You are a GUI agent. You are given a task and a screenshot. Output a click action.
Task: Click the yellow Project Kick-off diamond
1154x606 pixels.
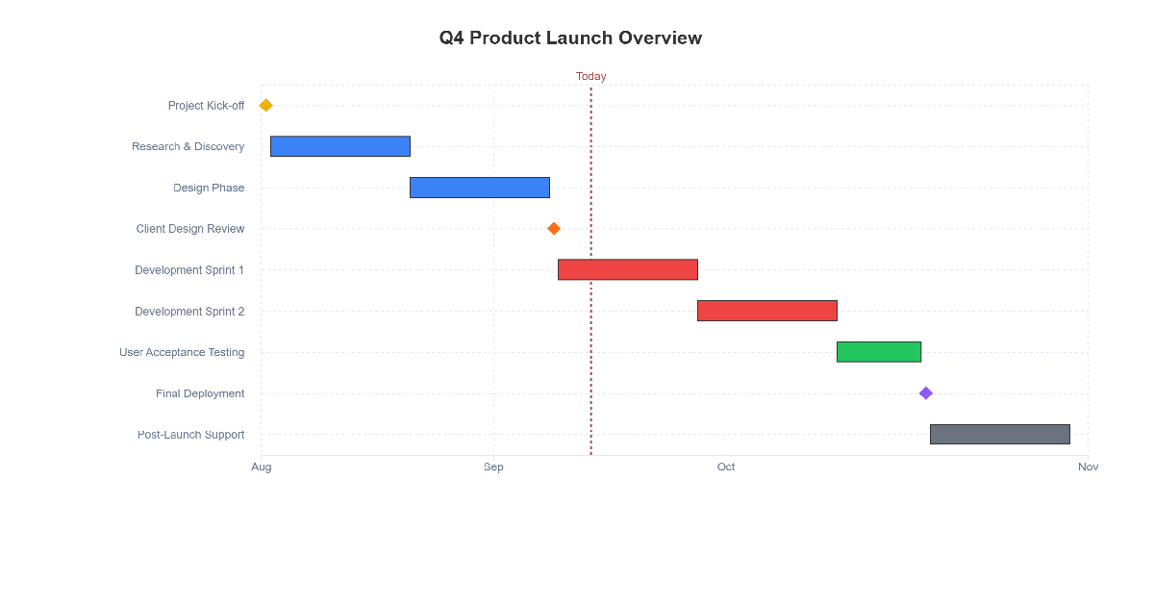pyautogui.click(x=266, y=105)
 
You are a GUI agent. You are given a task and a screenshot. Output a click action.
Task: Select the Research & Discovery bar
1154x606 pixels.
pyautogui.click(x=340, y=146)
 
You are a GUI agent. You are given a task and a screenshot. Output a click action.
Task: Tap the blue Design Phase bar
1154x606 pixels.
pyautogui.click(x=480, y=188)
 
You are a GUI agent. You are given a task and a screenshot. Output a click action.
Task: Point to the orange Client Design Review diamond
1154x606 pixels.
pyautogui.click(x=554, y=229)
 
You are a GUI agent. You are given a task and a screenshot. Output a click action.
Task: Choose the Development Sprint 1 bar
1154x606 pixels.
pyautogui.click(x=628, y=269)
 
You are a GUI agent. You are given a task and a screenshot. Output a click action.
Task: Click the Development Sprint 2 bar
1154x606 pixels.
pyautogui.click(x=767, y=311)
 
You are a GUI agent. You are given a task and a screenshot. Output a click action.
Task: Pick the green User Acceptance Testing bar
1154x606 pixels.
pyautogui.click(x=879, y=352)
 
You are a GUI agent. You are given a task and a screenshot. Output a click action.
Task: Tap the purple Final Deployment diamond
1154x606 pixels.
pyautogui.click(x=926, y=393)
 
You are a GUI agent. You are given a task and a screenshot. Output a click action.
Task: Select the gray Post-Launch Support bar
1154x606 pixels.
pyautogui.click(x=1000, y=435)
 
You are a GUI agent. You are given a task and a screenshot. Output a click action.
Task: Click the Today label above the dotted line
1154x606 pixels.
pyautogui.click(x=591, y=76)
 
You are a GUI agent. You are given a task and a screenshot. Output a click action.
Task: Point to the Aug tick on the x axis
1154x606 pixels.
pyautogui.click(x=262, y=467)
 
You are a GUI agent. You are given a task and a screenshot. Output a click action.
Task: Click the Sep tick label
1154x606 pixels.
pyautogui.click(x=493, y=467)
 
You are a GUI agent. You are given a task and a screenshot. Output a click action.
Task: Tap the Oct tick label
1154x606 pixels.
pyautogui.click(x=726, y=467)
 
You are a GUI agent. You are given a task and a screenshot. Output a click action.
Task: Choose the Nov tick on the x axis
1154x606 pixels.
pyautogui.click(x=1088, y=467)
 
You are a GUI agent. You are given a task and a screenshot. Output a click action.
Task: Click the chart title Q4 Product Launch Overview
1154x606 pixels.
pyautogui.click(x=570, y=38)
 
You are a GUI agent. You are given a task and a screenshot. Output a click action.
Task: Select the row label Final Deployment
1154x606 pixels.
pyautogui.click(x=200, y=393)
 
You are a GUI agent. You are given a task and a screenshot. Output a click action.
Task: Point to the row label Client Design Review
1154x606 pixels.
pyautogui.click(x=190, y=229)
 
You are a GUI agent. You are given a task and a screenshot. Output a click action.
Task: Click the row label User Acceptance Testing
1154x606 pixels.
pyautogui.click(x=182, y=352)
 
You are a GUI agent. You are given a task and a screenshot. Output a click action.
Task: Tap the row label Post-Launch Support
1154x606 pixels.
pyautogui.click(x=190, y=435)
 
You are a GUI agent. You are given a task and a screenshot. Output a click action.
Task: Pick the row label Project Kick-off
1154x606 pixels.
pyautogui.click(x=206, y=106)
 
